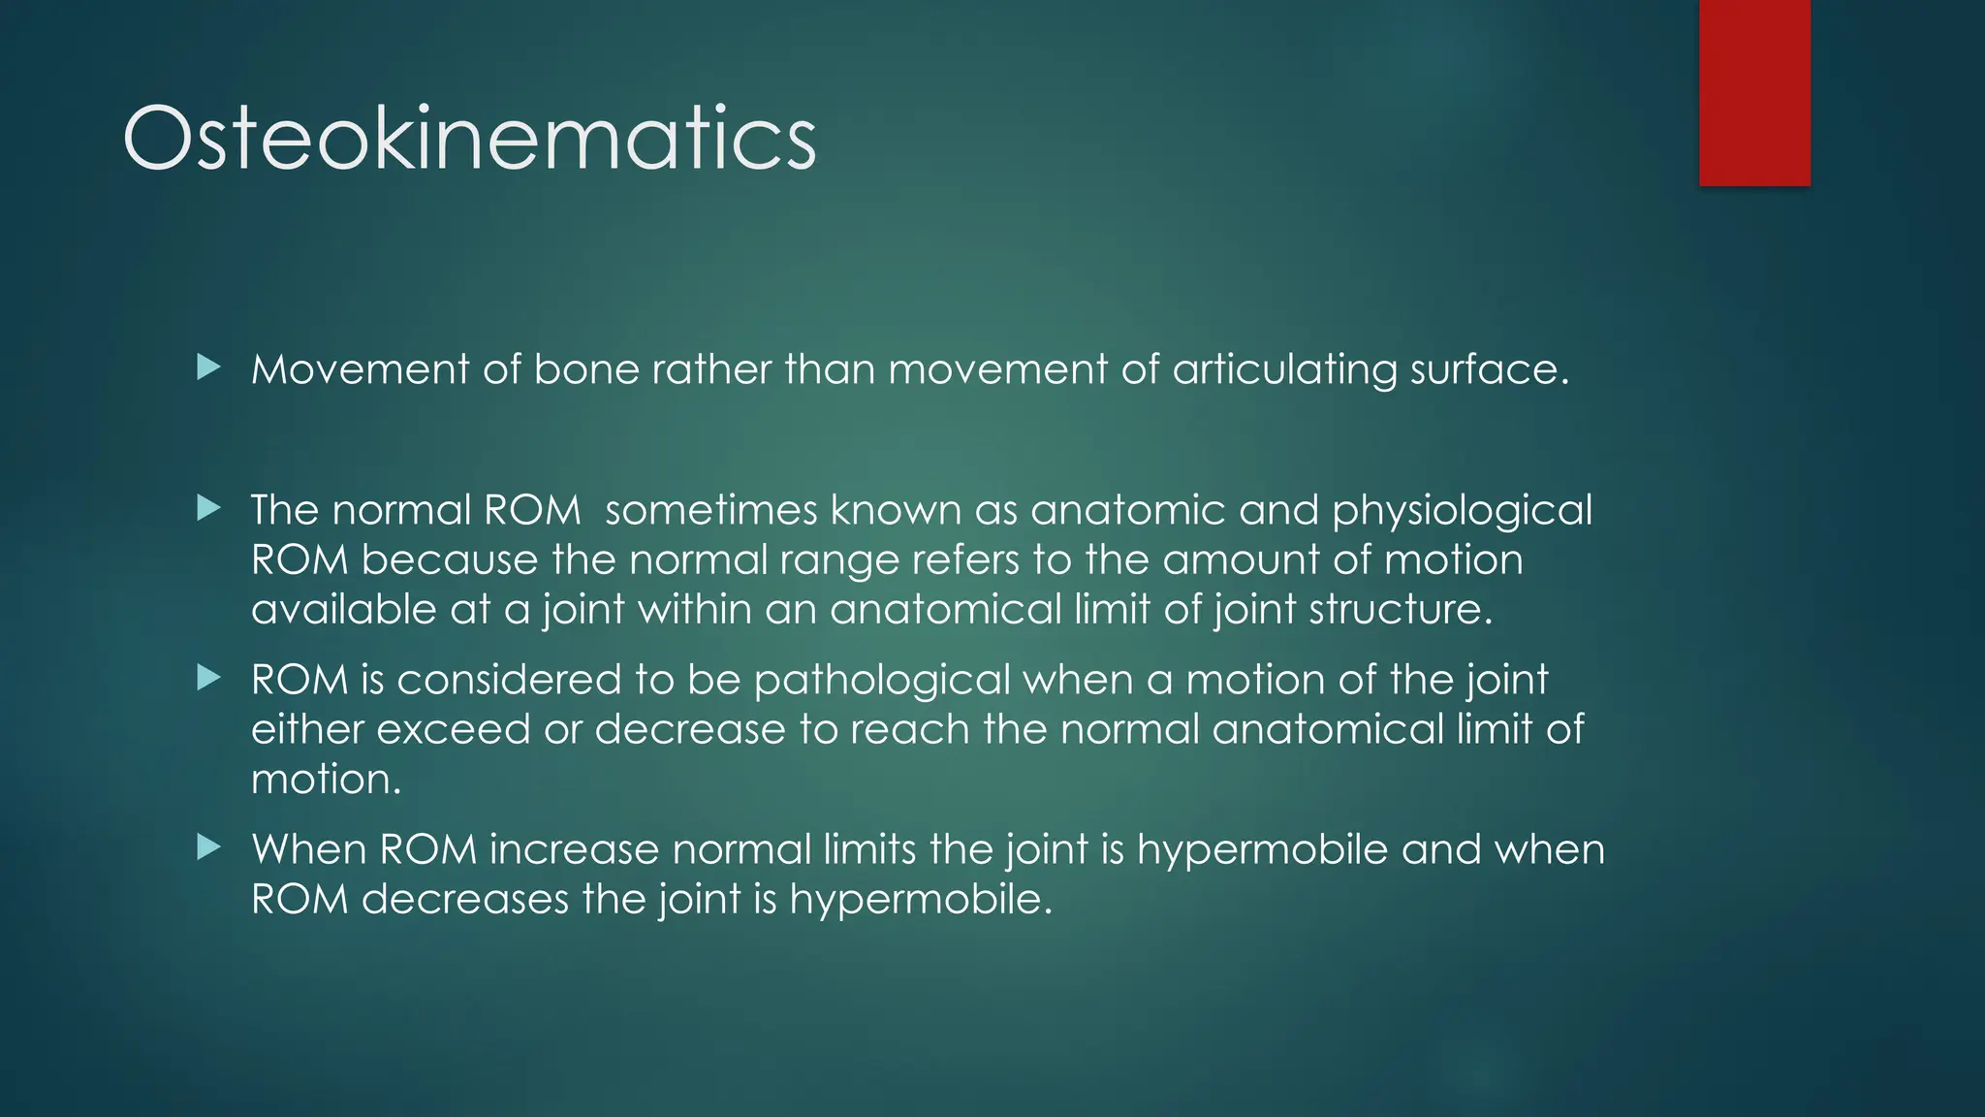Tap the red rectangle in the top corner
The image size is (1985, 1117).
(x=1754, y=93)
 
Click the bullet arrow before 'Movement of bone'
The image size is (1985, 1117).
(x=208, y=367)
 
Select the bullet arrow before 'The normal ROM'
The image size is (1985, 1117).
(x=208, y=507)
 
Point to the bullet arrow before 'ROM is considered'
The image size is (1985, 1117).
(x=208, y=677)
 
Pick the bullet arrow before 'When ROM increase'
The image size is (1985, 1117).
(x=208, y=847)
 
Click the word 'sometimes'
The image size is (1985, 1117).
(x=711, y=510)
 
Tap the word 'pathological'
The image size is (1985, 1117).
(x=882, y=681)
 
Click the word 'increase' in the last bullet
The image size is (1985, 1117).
(x=574, y=849)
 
